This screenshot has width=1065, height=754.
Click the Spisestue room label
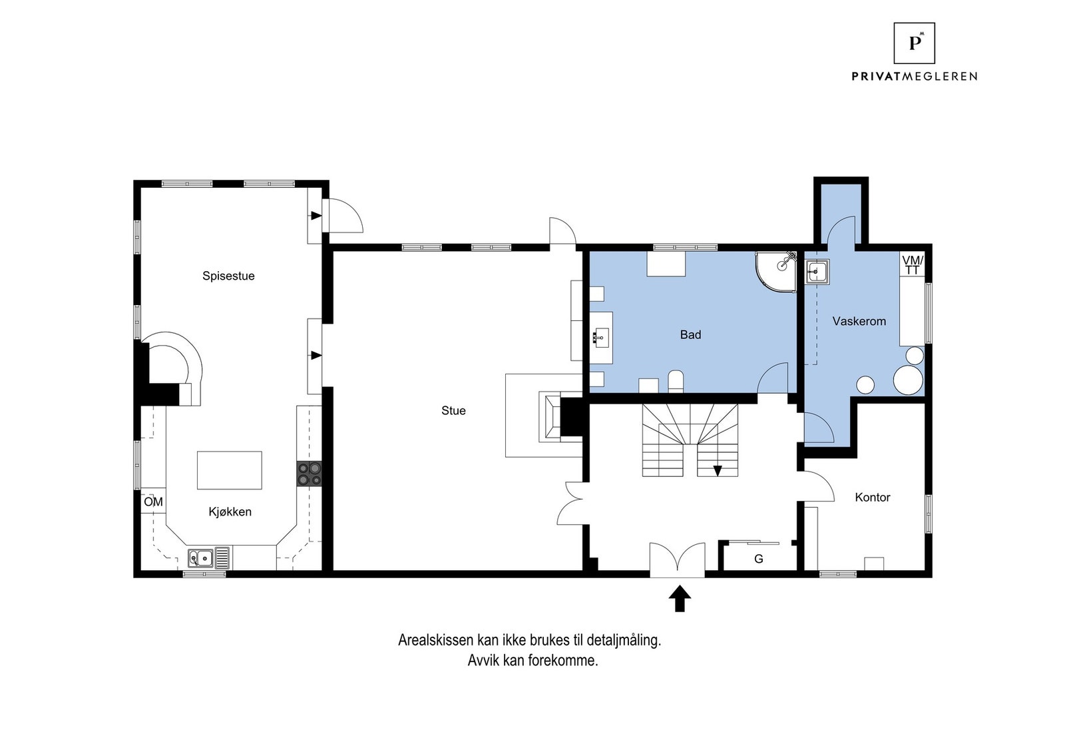tap(228, 276)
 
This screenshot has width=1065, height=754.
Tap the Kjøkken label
tap(230, 512)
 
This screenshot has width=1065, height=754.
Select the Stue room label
tap(453, 410)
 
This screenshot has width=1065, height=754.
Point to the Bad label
tap(690, 335)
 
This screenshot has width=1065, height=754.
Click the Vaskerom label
tap(859, 321)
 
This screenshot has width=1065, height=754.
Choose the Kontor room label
tap(873, 497)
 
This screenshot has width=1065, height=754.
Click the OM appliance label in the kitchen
tap(154, 502)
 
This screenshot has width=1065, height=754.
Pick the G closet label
tap(758, 559)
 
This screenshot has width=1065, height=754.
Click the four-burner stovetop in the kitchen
tap(309, 474)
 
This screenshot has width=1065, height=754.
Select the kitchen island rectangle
tap(229, 470)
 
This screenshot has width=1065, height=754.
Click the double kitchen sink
tap(200, 558)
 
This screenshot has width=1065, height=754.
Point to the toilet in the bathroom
tap(676, 382)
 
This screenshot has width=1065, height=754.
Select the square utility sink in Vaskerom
tap(817, 272)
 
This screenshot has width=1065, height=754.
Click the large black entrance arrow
tap(680, 598)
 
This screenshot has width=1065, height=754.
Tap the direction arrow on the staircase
tap(718, 470)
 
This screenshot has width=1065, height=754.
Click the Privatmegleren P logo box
tap(914, 43)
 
